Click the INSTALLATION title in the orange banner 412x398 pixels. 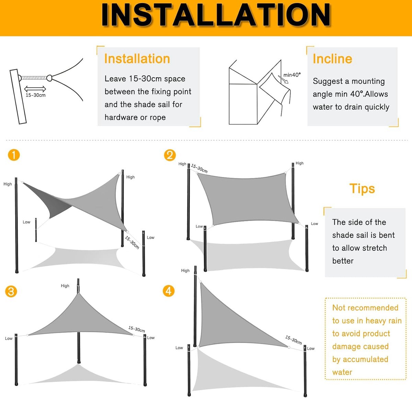point(216,15)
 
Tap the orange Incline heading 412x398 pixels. point(332,59)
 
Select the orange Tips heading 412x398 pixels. point(362,188)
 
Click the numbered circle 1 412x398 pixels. point(14,155)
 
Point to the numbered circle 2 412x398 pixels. point(170,155)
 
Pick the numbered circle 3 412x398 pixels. point(11,291)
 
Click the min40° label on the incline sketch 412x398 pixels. point(292,75)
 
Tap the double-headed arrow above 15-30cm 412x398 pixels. point(35,89)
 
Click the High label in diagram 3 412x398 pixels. point(65,286)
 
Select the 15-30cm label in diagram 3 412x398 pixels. point(137,329)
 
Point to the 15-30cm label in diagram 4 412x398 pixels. point(294,340)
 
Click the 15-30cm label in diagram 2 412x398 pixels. point(199,168)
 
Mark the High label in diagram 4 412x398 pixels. point(185,271)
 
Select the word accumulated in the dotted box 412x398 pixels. point(365,359)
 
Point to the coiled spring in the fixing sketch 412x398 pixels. point(34,78)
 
